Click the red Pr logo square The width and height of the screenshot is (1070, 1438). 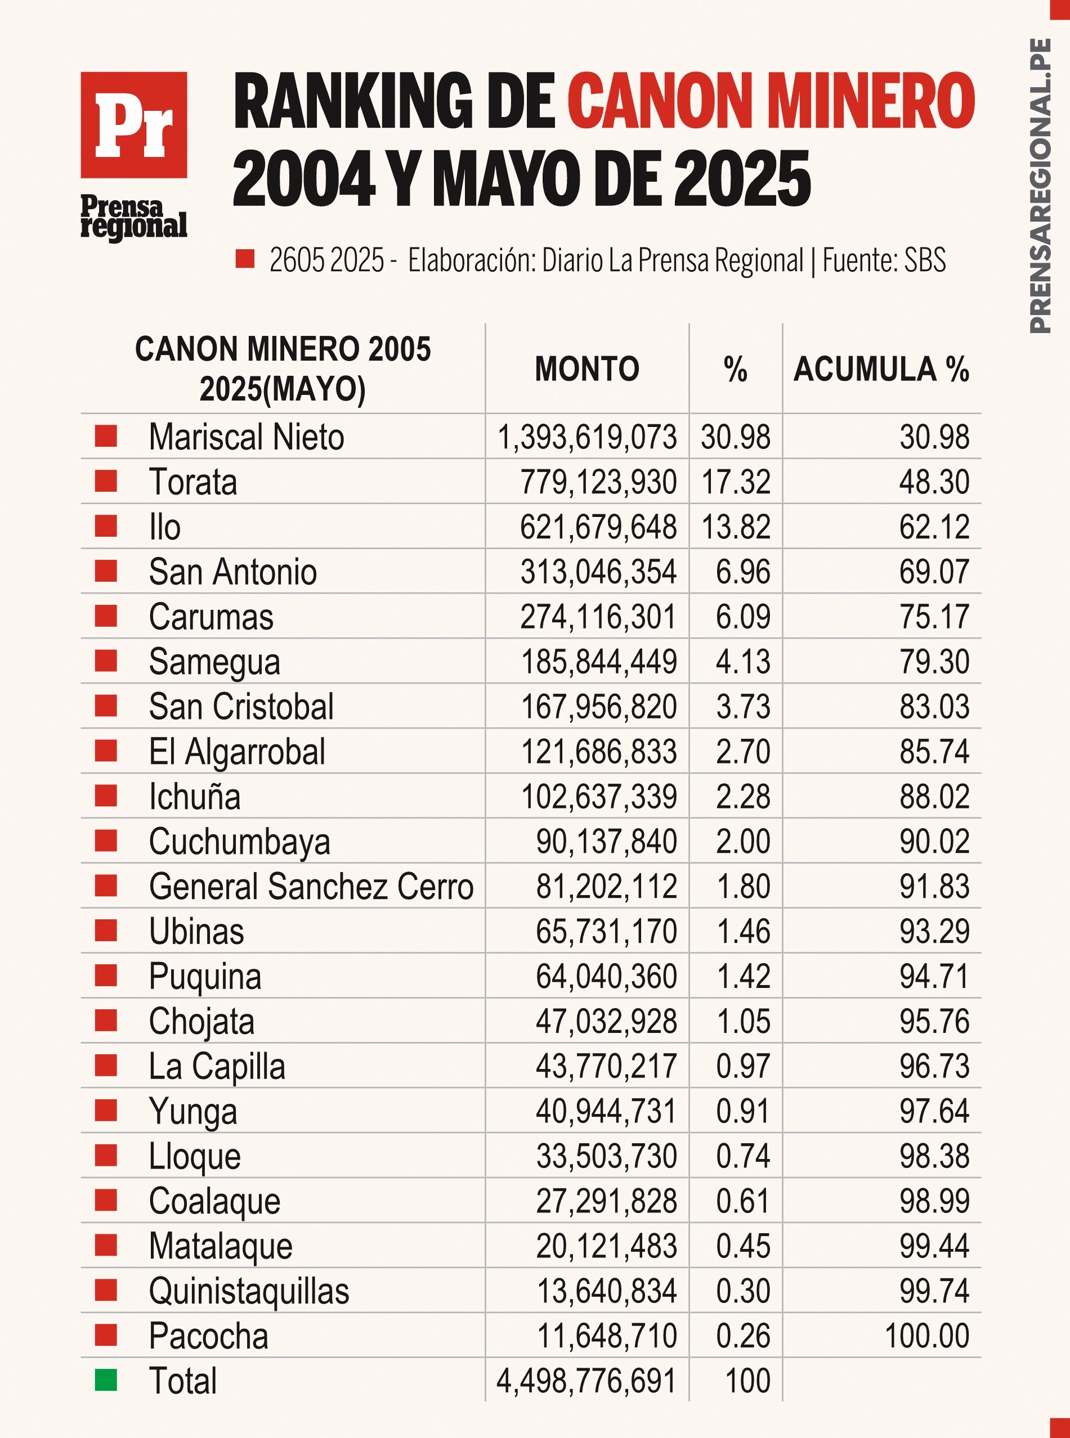133,124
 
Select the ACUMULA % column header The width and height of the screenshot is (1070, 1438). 881,369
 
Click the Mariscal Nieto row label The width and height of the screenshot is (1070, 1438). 246,437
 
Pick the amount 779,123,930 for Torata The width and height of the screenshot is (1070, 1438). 598,482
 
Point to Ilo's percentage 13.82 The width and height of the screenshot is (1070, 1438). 735,527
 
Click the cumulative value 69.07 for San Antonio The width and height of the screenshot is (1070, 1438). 933,572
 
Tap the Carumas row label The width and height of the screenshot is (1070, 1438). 211,617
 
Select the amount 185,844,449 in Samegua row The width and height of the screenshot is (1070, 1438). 598,662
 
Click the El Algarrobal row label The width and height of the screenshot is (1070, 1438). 237,752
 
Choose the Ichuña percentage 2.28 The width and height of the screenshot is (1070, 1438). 743,797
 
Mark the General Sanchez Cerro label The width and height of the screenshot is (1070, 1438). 311,886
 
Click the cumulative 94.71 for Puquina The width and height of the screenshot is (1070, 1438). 933,976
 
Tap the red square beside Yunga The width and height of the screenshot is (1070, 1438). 106,1111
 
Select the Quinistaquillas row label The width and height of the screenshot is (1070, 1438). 249,1291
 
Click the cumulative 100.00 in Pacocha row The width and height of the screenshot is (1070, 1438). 926,1336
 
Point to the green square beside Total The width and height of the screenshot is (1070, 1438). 106,1379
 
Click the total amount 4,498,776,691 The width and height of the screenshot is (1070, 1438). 586,1381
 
